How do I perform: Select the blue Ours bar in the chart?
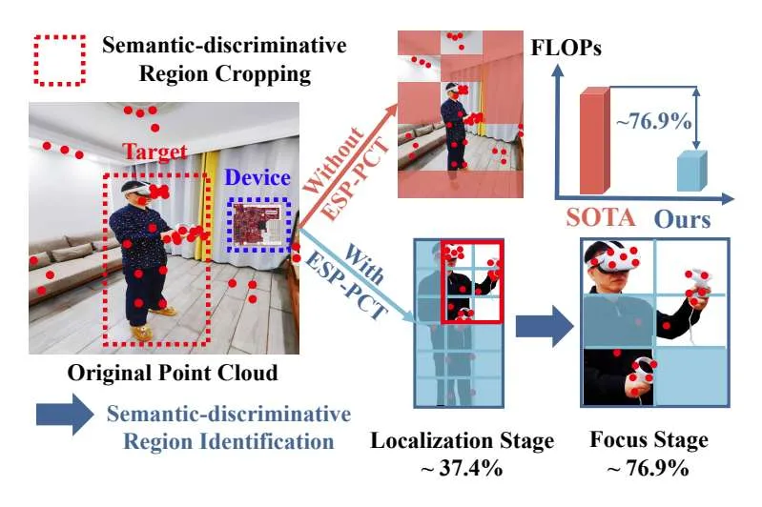pos(692,171)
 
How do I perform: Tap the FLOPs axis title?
pos(566,48)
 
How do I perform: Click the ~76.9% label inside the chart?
pos(653,120)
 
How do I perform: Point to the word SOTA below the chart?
pos(601,217)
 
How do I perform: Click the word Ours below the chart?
pos(682,219)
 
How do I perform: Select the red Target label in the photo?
pos(154,152)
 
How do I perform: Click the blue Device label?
pos(257,178)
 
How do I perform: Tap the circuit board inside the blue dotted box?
pos(257,224)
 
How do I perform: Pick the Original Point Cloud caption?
pos(173,373)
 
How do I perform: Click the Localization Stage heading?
pos(463,441)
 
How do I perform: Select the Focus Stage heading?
pos(649,439)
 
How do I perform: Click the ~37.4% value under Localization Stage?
pos(462,468)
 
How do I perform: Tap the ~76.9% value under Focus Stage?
pos(648,468)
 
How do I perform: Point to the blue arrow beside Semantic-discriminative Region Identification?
pos(65,415)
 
